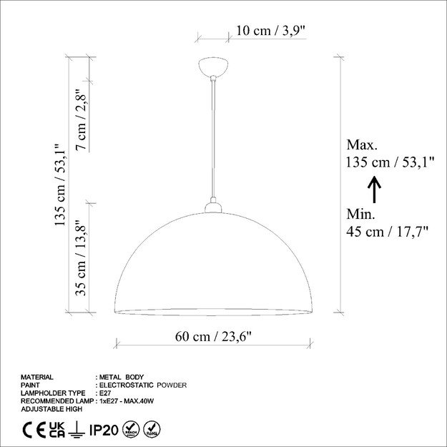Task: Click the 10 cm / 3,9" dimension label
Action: tap(271, 31)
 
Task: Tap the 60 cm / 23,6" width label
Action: tap(213, 336)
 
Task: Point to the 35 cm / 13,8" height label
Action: tap(81, 258)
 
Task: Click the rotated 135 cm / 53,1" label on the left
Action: tap(60, 185)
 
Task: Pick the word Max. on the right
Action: tap(362, 144)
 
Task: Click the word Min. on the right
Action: tap(360, 214)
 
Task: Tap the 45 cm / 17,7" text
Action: tap(388, 231)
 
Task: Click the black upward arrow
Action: tap(374, 190)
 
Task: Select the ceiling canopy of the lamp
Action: tap(213, 67)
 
